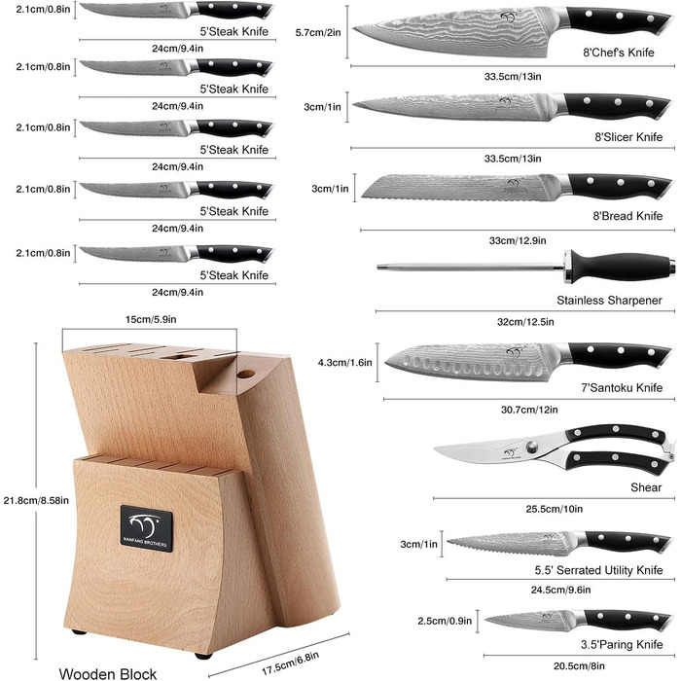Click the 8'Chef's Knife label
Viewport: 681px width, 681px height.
coord(619,53)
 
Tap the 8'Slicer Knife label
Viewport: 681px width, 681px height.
coord(628,137)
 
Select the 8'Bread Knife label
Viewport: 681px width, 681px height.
coord(628,215)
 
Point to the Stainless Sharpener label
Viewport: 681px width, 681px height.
coord(609,300)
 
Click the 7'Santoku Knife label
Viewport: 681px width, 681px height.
coord(622,387)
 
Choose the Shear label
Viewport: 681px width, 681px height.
coord(646,487)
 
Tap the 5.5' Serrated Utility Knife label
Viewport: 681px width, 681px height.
coord(598,570)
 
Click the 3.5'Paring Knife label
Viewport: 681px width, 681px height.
coord(622,644)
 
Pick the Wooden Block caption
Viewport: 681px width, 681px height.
coord(108,673)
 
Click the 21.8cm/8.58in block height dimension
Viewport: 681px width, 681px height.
coord(36,500)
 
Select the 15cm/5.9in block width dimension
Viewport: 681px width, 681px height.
coord(151,320)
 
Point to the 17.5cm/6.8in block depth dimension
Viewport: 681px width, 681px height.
coord(291,663)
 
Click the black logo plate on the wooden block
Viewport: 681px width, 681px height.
coord(146,528)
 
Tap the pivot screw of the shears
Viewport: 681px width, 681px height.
coord(531,447)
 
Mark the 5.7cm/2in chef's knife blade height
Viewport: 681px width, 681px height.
coord(318,32)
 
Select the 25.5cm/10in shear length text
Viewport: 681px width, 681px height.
coord(555,509)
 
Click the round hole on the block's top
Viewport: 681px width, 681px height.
coord(246,374)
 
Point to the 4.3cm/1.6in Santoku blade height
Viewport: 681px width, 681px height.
coord(344,362)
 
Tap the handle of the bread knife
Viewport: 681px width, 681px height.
coord(620,187)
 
